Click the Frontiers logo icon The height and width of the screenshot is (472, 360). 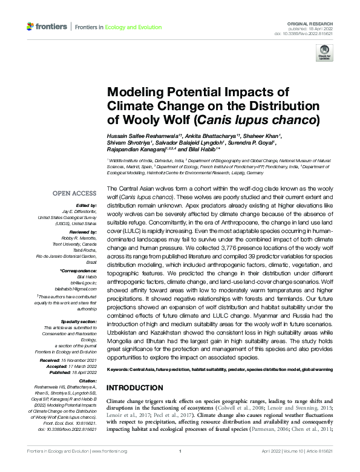click(30, 27)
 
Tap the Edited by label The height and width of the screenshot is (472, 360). click(87, 206)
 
